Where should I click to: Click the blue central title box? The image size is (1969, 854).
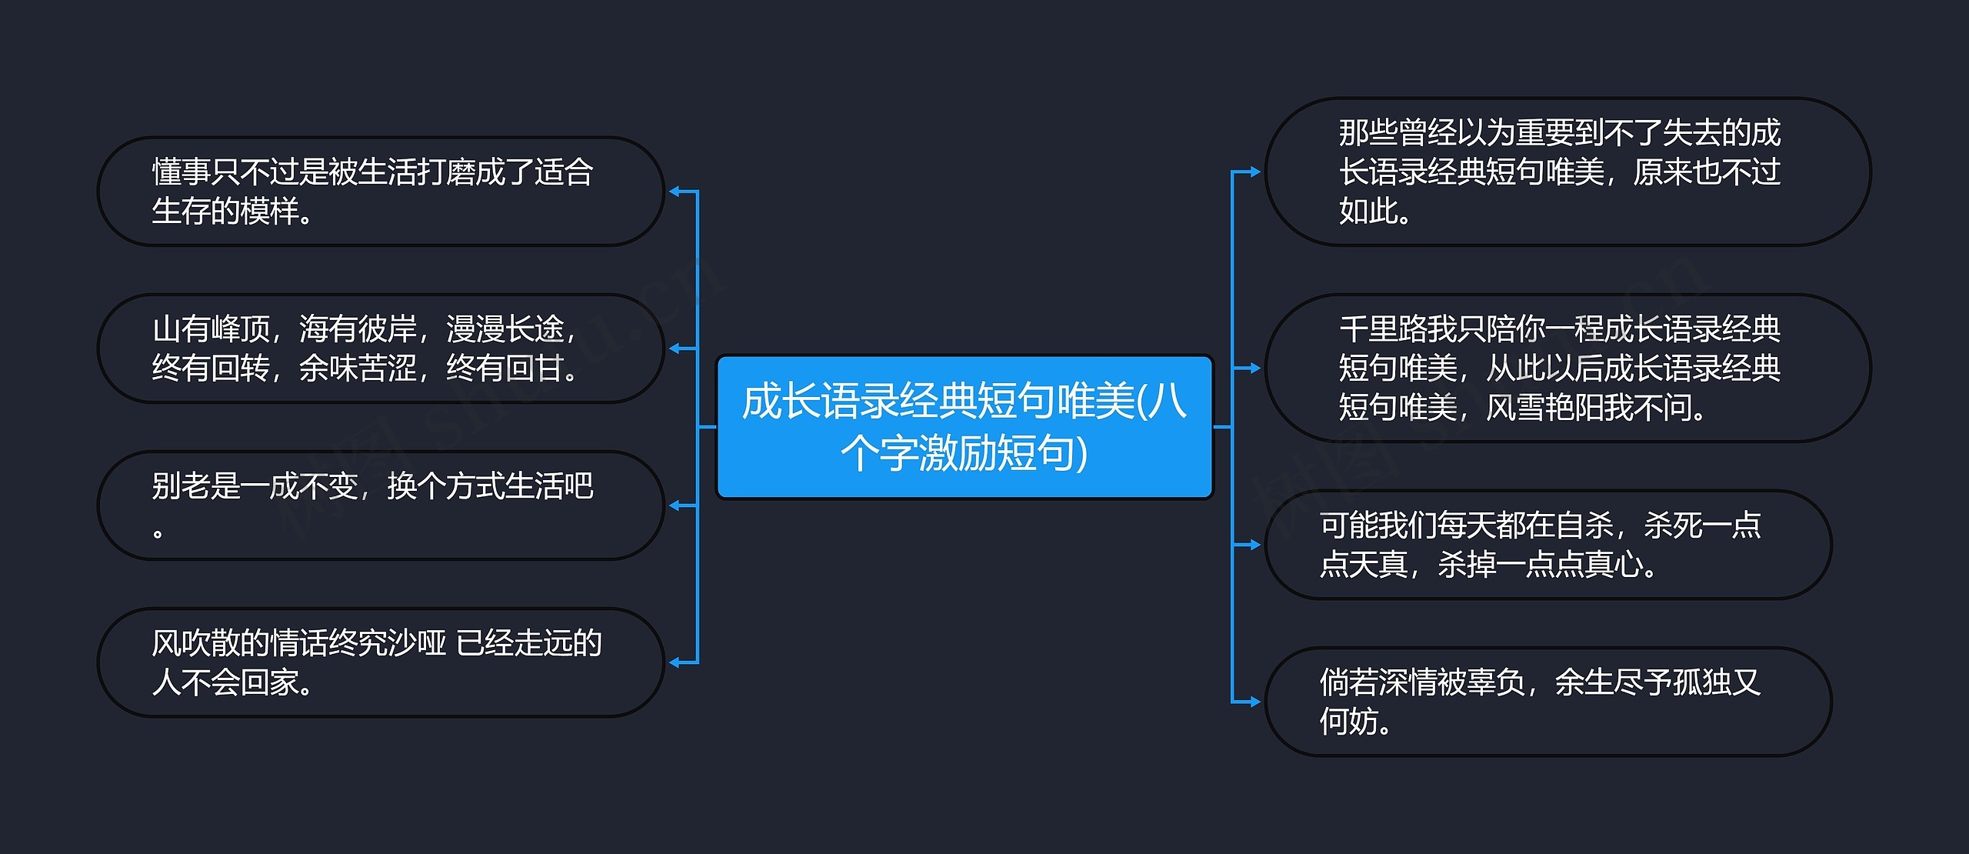click(x=965, y=426)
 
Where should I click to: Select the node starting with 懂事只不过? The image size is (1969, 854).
click(x=380, y=192)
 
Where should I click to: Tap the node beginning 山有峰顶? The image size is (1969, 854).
click(x=380, y=349)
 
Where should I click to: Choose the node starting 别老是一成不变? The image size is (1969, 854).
click(x=380, y=505)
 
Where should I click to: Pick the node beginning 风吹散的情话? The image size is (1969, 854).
click(x=380, y=662)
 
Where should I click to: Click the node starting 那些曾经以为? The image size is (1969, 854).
click(x=1568, y=172)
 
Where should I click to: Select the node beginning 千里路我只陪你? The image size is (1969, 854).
click(x=1568, y=368)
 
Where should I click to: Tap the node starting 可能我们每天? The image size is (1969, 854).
click(x=1548, y=545)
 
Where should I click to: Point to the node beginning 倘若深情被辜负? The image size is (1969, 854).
click(x=1548, y=702)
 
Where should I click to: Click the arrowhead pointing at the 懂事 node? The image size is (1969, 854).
click(x=674, y=192)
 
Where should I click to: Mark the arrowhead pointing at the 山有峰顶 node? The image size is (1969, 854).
click(x=674, y=349)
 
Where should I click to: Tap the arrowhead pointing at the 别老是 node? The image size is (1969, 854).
click(x=674, y=505)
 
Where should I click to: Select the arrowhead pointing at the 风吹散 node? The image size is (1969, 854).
click(x=674, y=662)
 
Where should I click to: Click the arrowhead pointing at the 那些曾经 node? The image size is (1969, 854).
click(x=1254, y=172)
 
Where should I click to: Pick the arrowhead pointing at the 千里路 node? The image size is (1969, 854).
click(x=1254, y=368)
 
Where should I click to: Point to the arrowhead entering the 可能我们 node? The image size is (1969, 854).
click(x=1254, y=545)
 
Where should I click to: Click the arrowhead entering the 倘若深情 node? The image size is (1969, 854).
click(x=1254, y=702)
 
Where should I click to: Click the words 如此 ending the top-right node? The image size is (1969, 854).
click(x=1368, y=211)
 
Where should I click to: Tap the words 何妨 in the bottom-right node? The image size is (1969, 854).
click(x=1348, y=722)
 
